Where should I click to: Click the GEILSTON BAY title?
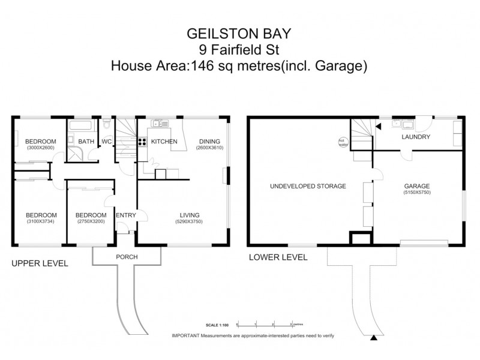pos(239,34)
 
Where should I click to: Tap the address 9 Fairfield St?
pos(239,49)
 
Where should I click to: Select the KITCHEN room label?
pos(164,142)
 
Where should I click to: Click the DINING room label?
pos(209,142)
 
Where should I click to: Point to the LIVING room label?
pos(190,215)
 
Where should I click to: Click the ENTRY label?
pos(125,215)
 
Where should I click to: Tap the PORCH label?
pos(126,257)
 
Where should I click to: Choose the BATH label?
pos(86,142)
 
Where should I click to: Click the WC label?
pos(107,142)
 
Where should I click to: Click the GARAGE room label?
pos(417,186)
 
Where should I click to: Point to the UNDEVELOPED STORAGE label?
pos(308,186)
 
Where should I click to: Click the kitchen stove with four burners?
pos(143,142)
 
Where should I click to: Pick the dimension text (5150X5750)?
pos(417,193)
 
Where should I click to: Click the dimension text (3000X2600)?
pos(41,147)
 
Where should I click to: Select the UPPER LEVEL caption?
pos(40,263)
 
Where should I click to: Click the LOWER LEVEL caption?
pos(278,257)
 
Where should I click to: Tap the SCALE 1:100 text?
pos(218,325)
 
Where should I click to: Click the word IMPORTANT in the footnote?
pos(187,336)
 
